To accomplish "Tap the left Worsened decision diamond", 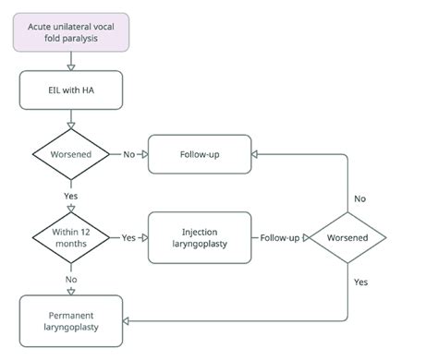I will click(70, 153).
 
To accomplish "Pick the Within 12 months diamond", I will click(70, 237).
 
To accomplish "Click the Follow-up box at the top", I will click(201, 153).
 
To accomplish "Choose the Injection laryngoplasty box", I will click(201, 237).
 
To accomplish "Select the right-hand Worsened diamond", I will click(347, 237).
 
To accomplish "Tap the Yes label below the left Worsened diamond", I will click(70, 196).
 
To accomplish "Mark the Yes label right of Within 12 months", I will click(128, 237).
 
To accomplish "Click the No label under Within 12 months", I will click(70, 278).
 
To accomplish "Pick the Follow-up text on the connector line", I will click(279, 237).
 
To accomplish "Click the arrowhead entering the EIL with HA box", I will click(70, 67).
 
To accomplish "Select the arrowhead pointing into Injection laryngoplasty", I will click(145, 237).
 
